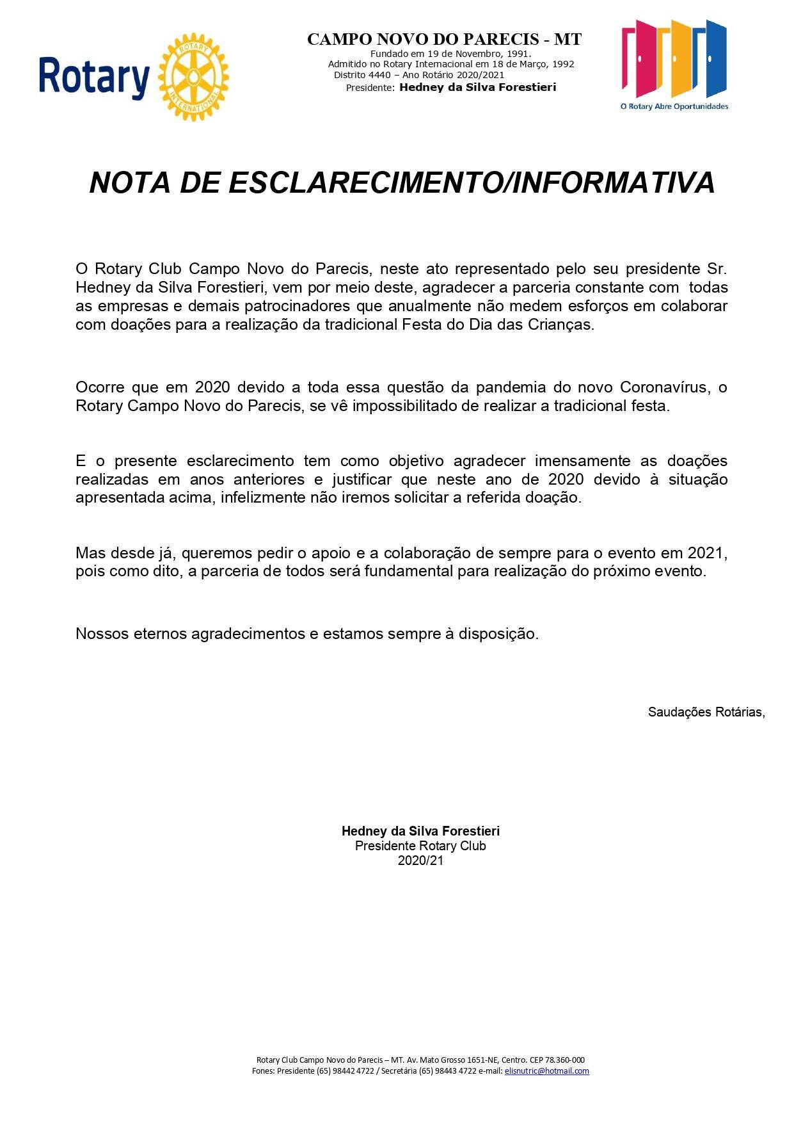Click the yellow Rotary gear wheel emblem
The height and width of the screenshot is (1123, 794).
click(193, 77)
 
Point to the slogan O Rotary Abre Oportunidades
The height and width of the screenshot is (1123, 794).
click(674, 106)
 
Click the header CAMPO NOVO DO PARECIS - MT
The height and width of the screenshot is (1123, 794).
click(444, 40)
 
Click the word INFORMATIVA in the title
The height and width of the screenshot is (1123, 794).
click(614, 183)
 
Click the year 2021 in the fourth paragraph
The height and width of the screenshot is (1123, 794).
click(708, 553)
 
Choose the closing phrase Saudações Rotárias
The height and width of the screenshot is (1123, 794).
click(706, 712)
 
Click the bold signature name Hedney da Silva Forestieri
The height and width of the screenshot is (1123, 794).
click(420, 831)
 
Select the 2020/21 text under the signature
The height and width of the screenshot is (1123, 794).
click(420, 860)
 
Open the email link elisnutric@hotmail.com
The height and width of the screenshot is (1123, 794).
click(546, 1070)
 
